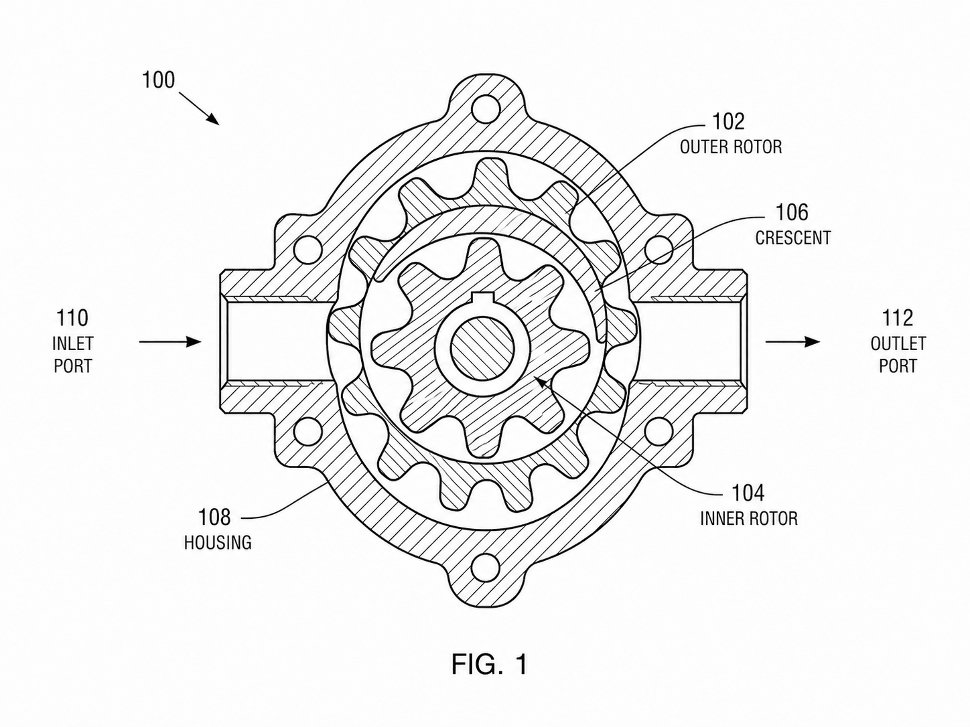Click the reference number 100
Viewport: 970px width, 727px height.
[x=158, y=80]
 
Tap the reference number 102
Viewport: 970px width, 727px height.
[x=728, y=121]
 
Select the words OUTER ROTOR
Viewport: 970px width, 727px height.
[x=731, y=147]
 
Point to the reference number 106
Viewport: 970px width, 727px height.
[x=792, y=212]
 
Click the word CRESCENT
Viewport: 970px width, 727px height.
[x=792, y=238]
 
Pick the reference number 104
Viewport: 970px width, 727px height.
[x=748, y=493]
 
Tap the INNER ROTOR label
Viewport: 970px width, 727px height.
[x=749, y=519]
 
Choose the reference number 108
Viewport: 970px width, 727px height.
[x=214, y=517]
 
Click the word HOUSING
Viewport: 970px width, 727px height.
[x=218, y=542]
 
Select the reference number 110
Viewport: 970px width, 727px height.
[x=72, y=318]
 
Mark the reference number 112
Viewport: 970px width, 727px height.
[x=898, y=318]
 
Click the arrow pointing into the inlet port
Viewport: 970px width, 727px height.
[x=171, y=341]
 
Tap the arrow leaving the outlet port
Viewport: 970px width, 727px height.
[x=792, y=341]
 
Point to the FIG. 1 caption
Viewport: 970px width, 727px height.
[x=489, y=664]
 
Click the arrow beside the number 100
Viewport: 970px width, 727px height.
[x=200, y=108]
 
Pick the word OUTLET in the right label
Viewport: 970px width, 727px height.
[x=898, y=344]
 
